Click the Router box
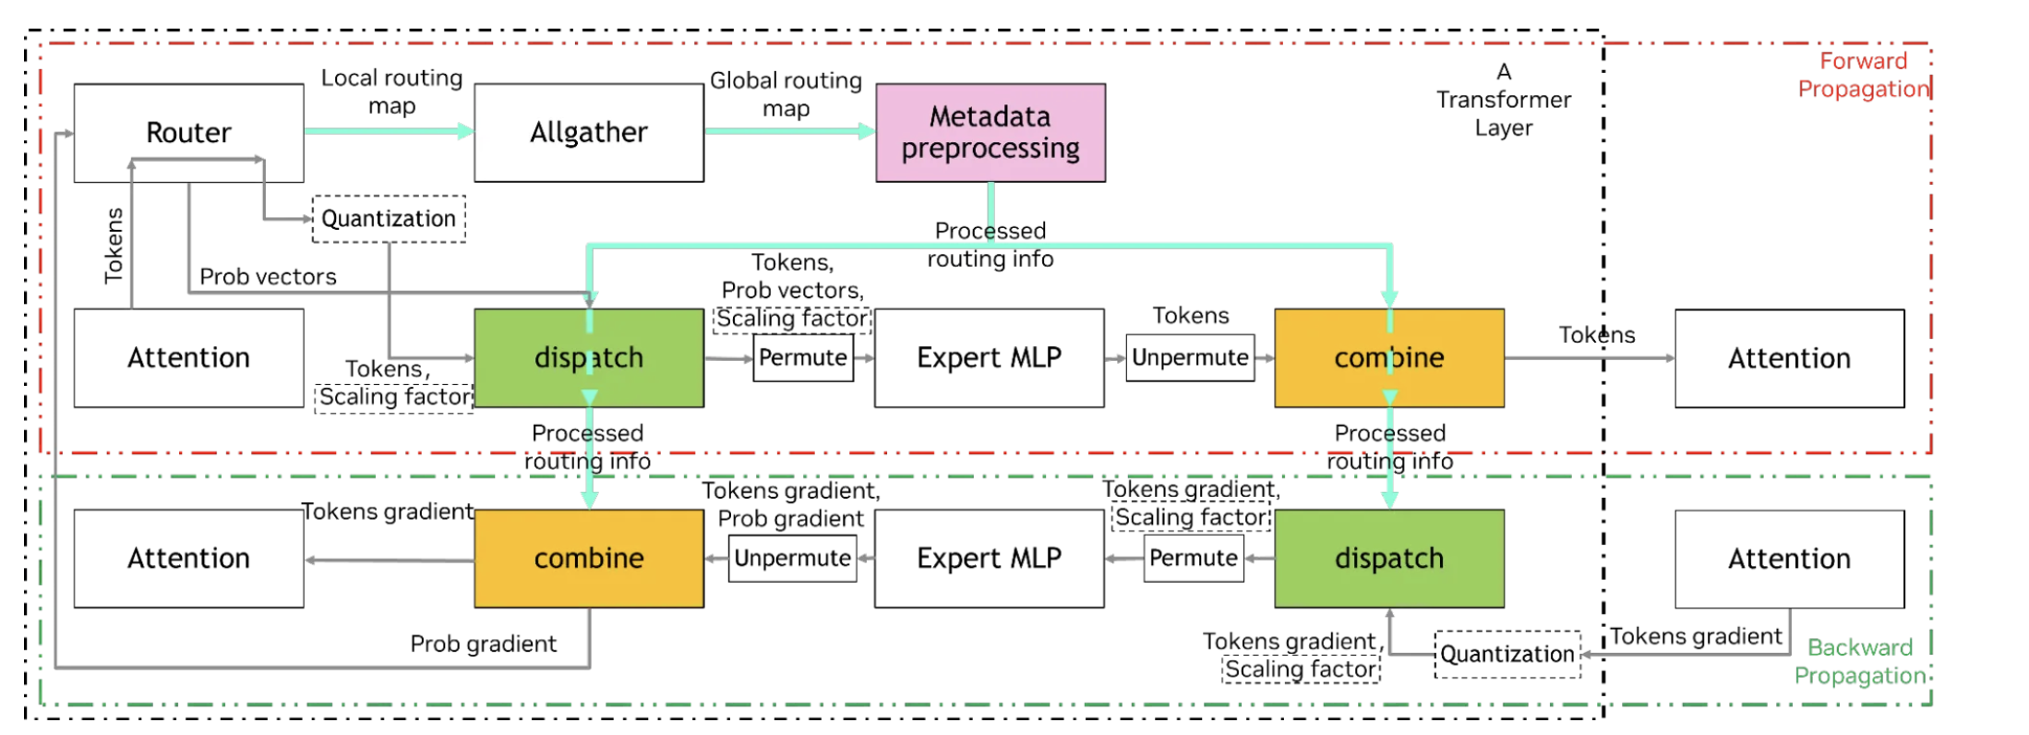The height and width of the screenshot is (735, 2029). pos(188,132)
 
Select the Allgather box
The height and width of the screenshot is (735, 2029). pos(589,132)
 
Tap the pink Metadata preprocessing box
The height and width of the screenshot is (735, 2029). pos(990,132)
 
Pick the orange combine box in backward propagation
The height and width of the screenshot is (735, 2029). pos(589,559)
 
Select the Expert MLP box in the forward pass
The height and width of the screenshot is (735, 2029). pos(989,358)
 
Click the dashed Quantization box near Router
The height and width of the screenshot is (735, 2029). pos(389,219)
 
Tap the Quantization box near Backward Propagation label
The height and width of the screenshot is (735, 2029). pos(1507,655)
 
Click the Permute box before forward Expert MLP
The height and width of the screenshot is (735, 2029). pos(802,358)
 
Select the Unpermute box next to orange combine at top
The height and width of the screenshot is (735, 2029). pos(1190,358)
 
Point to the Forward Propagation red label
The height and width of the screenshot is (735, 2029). pos(1863,75)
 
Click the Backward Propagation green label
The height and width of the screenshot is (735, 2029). pos(1859,661)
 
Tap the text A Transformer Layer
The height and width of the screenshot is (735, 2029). pos(1503,100)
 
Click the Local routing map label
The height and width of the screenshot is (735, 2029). pos(391,91)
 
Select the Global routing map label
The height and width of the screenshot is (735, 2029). pos(786,94)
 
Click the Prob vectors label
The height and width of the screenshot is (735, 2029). pos(268,277)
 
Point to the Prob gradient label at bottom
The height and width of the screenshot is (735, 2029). pos(483,644)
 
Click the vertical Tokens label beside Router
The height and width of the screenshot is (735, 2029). pos(114,246)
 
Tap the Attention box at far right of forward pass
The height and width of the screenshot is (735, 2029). pos(1789,358)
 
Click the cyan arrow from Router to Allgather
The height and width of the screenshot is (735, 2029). pos(388,131)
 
